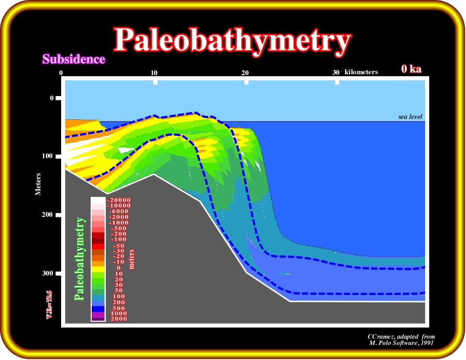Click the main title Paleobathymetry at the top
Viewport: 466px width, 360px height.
232,41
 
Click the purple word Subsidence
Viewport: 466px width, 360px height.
74,59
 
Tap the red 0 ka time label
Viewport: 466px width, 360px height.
411,69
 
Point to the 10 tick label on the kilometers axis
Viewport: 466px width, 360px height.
154,73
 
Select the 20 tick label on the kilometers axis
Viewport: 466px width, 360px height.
245,73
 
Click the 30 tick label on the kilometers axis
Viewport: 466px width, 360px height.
336,72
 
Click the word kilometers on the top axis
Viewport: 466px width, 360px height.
361,72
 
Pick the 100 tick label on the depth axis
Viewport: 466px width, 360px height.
47,156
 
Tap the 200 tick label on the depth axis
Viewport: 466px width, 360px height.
47,214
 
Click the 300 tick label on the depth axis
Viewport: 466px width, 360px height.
47,273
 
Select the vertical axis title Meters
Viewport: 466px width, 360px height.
38,184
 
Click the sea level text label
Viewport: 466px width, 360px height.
410,117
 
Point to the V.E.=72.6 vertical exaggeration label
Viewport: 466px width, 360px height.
49,305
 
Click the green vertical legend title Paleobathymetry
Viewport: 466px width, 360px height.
80,259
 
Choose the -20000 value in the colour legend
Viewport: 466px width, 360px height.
118,200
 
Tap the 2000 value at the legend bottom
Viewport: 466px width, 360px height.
119,319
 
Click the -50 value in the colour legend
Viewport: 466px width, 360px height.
119,246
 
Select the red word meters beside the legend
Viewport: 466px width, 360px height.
132,259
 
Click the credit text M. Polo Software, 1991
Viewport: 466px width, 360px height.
401,343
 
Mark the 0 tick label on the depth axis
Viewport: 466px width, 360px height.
52,98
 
